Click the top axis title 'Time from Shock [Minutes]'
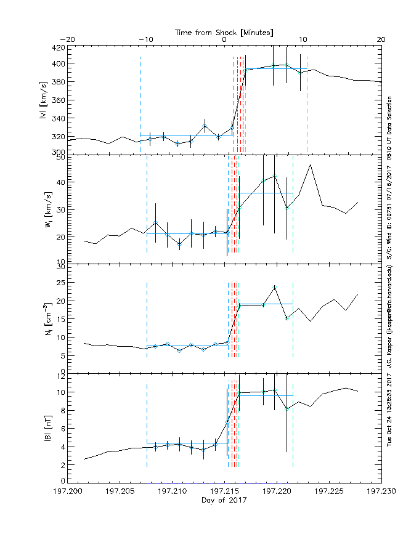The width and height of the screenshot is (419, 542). pyautogui.click(x=224, y=31)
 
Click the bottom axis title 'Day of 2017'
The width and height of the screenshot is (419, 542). pyautogui.click(x=224, y=501)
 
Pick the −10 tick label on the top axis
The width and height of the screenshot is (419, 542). pyautogui.click(x=146, y=39)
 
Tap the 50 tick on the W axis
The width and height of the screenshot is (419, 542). pyautogui.click(x=60, y=156)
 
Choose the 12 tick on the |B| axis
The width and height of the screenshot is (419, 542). pyautogui.click(x=60, y=374)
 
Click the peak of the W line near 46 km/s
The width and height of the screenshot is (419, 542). pyautogui.click(x=311, y=165)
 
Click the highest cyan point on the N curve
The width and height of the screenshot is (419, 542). pyautogui.click(x=275, y=287)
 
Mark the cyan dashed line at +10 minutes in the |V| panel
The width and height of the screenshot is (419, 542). pyautogui.click(x=307, y=105)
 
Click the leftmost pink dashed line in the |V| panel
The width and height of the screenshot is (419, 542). pyautogui.click(x=140, y=105)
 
